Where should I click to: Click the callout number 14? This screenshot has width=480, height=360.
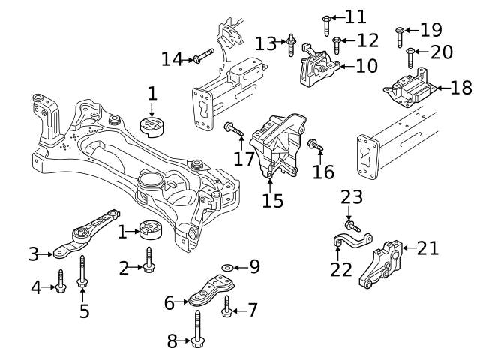[x=172, y=58]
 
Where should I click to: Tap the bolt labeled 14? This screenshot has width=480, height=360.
[x=203, y=55]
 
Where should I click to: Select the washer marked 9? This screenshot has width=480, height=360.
[x=227, y=266]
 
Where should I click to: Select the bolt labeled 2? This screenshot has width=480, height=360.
[x=148, y=260]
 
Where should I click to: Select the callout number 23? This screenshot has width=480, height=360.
[x=352, y=197]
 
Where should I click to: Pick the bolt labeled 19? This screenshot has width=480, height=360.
[x=400, y=32]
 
